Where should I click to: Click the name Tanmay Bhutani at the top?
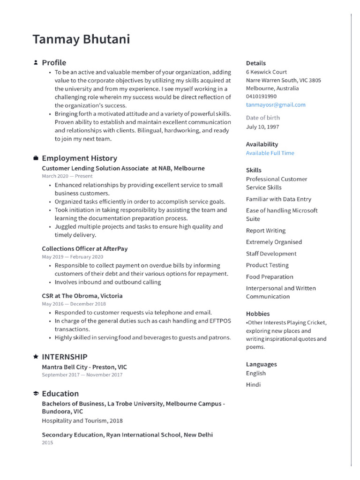pos(81,39)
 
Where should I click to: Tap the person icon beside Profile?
pos(36,62)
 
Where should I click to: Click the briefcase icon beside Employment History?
pos(36,158)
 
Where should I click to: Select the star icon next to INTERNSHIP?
pos(36,357)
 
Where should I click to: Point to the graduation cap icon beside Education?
pos(36,394)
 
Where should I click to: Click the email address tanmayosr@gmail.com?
pos(276,105)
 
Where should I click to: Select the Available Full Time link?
pos(270,153)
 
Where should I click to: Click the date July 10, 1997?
pos(262,127)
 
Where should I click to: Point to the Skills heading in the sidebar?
pos(254,170)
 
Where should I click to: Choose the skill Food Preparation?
pos(270,277)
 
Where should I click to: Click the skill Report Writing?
pos(266,231)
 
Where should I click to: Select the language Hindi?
pos(253,385)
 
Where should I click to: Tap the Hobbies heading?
pos(258,314)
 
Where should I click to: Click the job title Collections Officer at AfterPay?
pos(85,249)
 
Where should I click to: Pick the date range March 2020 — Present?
pos(67,176)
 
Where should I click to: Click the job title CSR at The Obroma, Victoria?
pos(82,296)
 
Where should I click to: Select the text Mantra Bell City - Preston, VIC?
pos(84,367)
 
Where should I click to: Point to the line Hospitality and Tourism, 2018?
pos(82,421)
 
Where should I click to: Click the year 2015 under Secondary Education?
pos(47,442)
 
